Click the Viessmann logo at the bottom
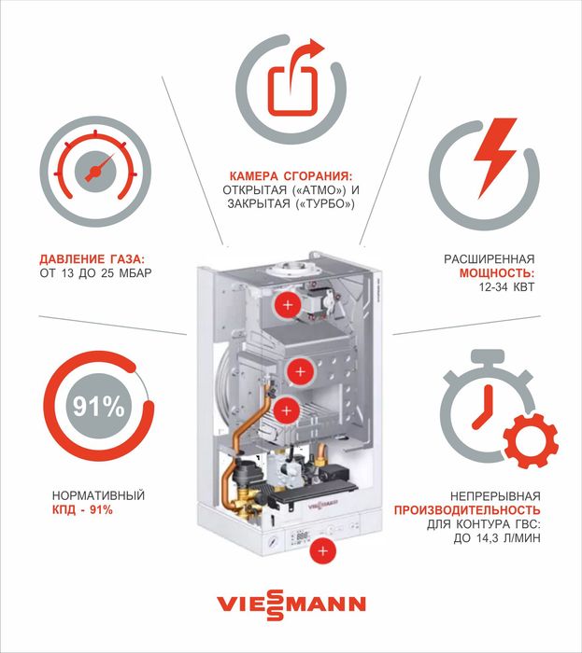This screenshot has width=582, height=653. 291,604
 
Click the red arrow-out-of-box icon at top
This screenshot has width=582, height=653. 293,82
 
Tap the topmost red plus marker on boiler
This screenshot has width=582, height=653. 288,305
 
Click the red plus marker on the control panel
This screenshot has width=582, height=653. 323,551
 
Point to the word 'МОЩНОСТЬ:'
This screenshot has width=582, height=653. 496,273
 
